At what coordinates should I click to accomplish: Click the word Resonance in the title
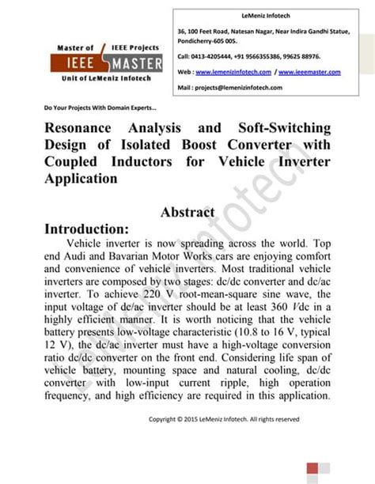(81, 128)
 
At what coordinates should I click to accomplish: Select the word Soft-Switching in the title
(278, 128)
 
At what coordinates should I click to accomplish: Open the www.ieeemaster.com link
(310, 72)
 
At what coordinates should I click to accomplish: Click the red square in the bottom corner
(313, 467)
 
